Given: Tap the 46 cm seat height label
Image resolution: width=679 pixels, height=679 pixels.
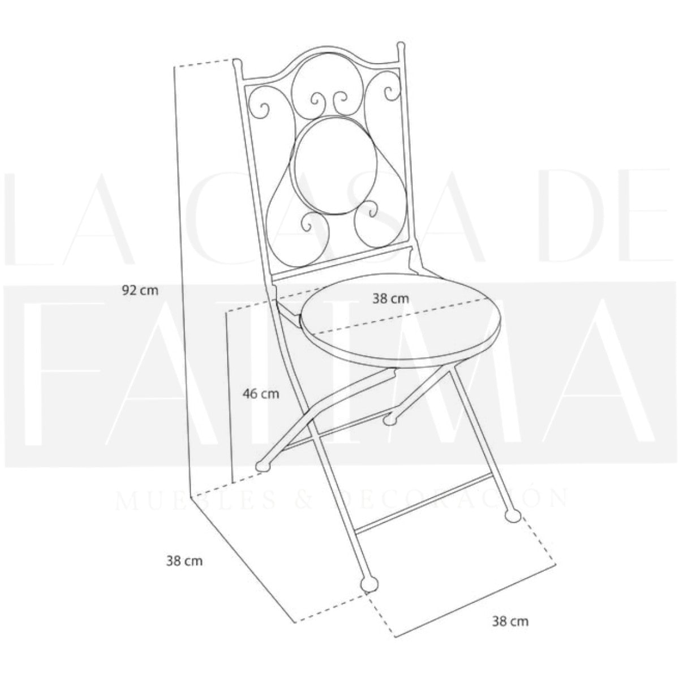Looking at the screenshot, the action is [261, 394].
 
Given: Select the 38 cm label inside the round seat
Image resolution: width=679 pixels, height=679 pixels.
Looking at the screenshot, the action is [391, 299].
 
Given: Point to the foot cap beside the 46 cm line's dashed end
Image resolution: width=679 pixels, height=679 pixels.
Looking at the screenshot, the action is [263, 466].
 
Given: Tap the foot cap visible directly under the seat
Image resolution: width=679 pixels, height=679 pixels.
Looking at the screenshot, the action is [390, 420].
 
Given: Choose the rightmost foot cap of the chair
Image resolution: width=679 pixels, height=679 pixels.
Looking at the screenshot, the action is [513, 516].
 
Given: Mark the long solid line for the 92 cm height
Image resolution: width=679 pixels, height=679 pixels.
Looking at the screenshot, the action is [183, 281].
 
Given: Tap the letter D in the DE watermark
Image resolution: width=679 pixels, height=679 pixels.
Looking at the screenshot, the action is [573, 218].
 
